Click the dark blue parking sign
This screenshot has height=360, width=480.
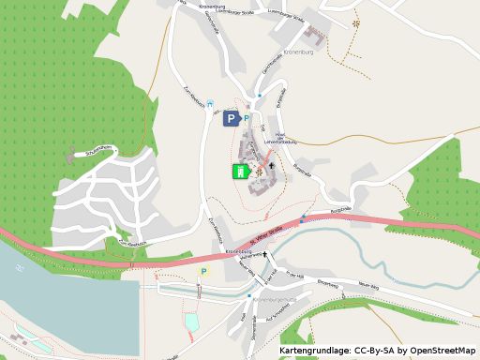pyautogui.click(x=231, y=118)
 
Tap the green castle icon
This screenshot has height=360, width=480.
pyautogui.click(x=240, y=171)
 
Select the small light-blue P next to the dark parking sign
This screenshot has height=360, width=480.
pyautogui.click(x=247, y=118)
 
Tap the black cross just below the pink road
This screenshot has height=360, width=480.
pyautogui.click(x=265, y=253)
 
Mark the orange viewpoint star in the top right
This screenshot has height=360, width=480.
pyautogui.click(x=355, y=22)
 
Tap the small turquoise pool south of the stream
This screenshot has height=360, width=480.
pyautogui.click(x=192, y=322)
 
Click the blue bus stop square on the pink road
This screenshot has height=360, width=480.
pyautogui.click(x=303, y=218)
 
